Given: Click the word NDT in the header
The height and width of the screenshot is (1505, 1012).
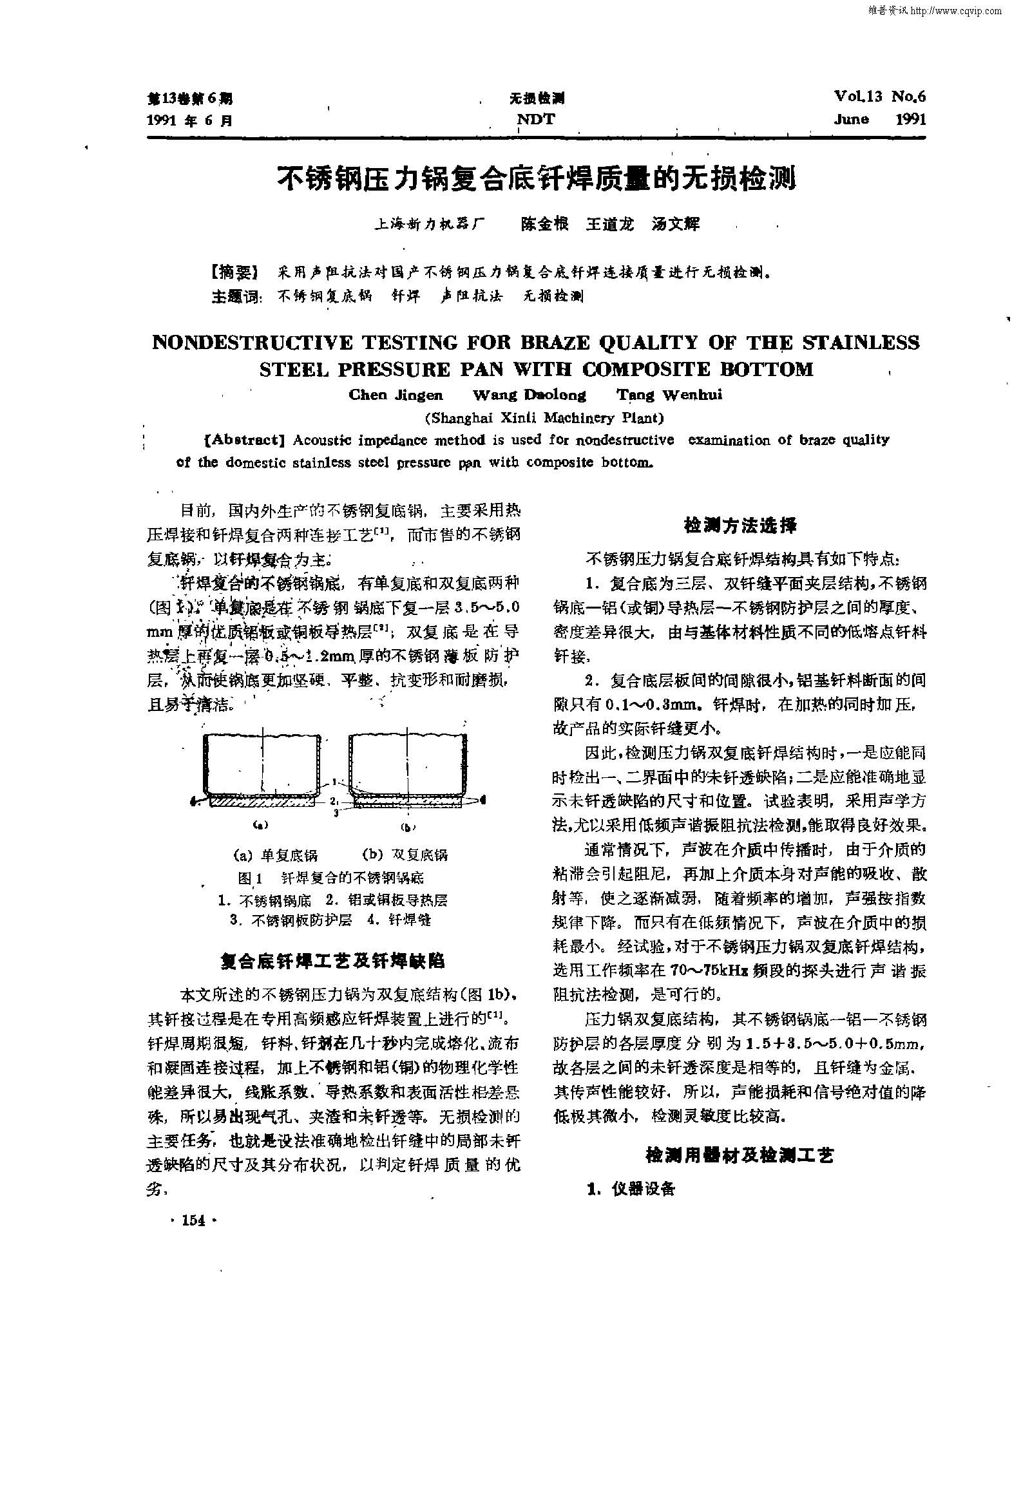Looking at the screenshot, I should (x=536, y=118).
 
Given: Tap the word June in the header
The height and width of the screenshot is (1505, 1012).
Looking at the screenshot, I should (x=851, y=118).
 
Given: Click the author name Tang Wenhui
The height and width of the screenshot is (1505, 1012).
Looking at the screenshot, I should (x=669, y=395).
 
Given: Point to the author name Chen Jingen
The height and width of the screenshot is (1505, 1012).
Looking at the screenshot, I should (x=396, y=395).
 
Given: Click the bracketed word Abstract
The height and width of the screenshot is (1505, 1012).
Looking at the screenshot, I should (x=245, y=440).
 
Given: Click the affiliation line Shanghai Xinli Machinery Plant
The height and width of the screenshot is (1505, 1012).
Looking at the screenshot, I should (x=544, y=418).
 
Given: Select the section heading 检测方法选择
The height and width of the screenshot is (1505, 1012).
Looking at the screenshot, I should (x=740, y=525).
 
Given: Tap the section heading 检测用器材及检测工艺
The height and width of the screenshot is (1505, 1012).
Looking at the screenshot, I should (x=740, y=1155).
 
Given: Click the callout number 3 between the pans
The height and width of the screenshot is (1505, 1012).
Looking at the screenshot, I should (x=337, y=813).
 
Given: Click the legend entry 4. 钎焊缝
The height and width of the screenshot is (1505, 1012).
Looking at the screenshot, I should (x=399, y=920).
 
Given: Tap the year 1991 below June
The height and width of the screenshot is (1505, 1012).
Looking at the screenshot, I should (x=911, y=118).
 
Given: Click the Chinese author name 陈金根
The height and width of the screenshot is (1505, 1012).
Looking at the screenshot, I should (x=544, y=224).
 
